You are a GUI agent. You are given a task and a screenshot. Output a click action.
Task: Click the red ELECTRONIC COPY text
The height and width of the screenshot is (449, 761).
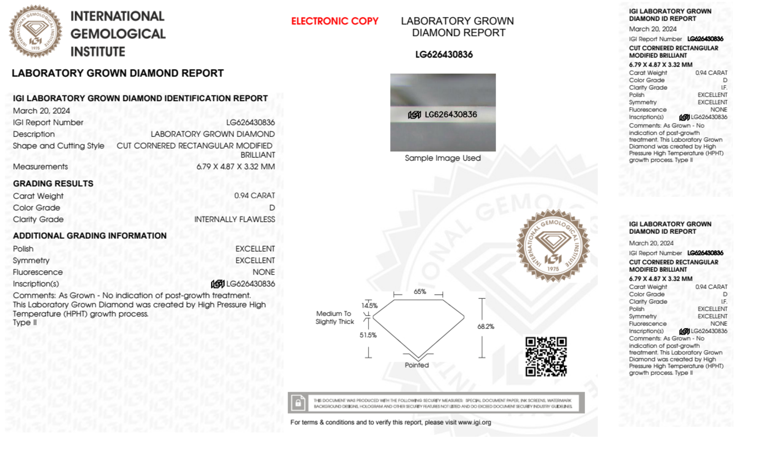(335, 21)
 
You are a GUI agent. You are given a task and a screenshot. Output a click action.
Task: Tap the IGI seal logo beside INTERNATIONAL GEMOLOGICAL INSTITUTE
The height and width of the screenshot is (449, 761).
(35, 32)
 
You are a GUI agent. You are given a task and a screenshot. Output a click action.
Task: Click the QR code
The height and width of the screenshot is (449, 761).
(546, 357)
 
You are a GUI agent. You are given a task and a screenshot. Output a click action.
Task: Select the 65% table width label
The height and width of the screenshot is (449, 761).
(419, 292)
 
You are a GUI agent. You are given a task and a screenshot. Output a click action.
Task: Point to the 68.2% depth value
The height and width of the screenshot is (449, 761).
(486, 327)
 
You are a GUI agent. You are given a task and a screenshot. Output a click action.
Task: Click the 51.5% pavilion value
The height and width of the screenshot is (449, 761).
(368, 335)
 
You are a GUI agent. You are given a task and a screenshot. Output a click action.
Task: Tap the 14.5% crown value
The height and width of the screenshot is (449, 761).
(369, 305)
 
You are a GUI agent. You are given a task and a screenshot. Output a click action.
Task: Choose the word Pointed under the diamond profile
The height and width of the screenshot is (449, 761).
(416, 365)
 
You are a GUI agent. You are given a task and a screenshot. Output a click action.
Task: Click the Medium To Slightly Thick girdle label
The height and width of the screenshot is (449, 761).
(334, 317)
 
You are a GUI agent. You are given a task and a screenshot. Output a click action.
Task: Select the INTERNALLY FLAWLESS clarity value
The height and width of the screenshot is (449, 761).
(234, 219)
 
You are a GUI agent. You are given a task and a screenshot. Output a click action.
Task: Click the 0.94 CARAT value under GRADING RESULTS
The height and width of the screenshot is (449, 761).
(254, 195)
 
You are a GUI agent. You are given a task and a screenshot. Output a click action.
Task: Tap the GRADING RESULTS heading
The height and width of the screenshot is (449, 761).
(53, 184)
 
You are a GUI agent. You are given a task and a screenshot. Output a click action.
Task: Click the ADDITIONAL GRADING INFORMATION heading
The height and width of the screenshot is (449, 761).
(90, 236)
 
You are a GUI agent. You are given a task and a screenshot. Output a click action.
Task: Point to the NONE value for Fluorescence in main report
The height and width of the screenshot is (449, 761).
(264, 272)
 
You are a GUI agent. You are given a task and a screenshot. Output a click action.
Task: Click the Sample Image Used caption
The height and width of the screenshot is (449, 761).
(443, 158)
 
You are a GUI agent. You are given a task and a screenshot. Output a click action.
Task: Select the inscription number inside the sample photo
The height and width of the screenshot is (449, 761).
(450, 114)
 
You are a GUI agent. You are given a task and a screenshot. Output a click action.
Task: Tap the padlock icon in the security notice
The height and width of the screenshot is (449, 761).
(298, 403)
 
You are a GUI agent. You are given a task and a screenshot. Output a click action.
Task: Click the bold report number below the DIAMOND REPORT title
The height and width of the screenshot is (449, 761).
(444, 55)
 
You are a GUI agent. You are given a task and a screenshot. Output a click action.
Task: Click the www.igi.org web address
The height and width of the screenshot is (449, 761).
(474, 422)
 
